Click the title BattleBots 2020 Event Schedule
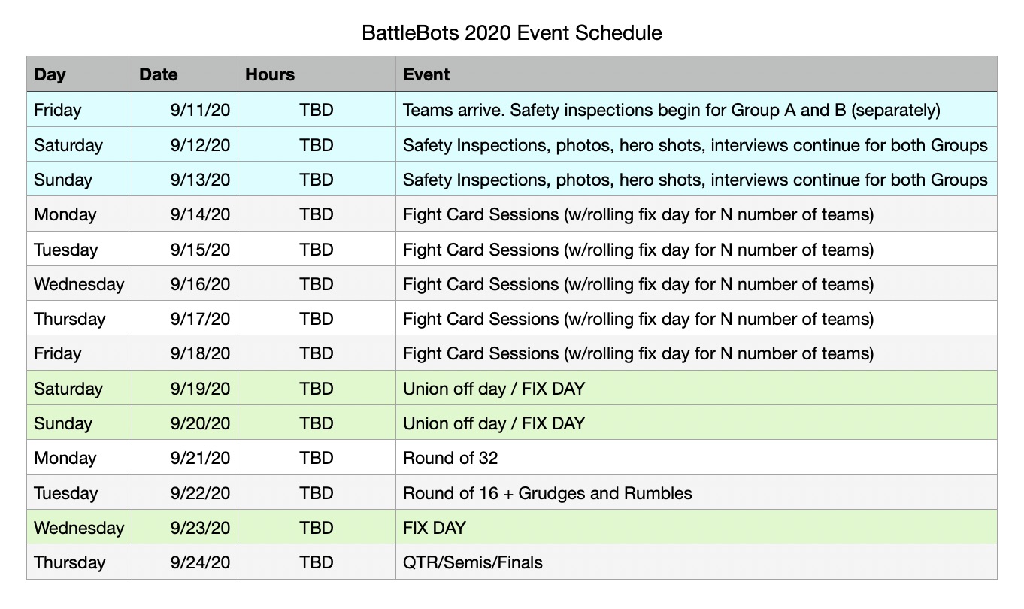[511, 33]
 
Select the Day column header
[50, 74]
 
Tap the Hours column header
[270, 74]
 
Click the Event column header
[426, 74]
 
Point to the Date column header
[158, 74]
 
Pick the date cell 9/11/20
[200, 111]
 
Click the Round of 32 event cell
[450, 458]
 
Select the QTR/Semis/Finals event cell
[473, 562]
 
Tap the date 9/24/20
[200, 562]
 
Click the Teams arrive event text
[671, 111]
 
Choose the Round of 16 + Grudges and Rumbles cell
[547, 493]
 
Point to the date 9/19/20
[200, 389]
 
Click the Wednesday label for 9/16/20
[79, 284]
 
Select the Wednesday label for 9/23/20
[79, 528]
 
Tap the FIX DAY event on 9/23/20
[435, 528]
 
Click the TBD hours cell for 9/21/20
[317, 458]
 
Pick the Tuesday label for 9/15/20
[66, 250]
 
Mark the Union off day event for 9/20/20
[494, 423]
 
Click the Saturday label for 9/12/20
[68, 145]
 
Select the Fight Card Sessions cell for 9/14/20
[638, 215]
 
